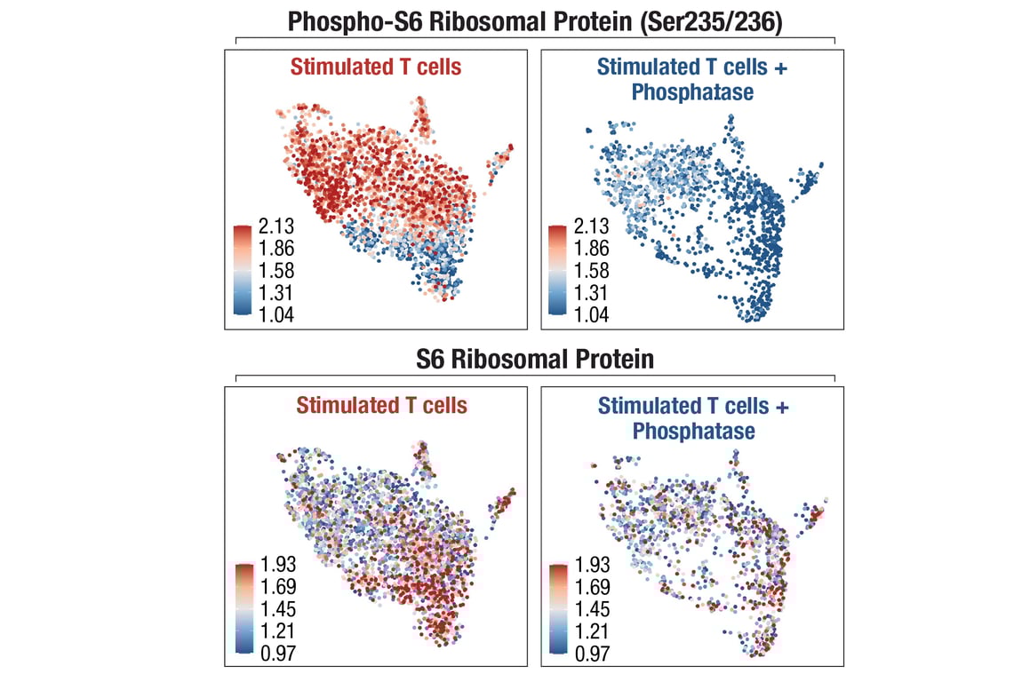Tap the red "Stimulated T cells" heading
point(377,67)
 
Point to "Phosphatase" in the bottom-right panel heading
point(693,431)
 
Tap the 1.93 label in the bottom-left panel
point(276,565)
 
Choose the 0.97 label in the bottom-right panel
point(592,654)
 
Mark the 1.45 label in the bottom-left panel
point(276,610)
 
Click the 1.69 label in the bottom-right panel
point(592,587)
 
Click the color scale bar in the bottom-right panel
point(558,609)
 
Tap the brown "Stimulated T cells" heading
point(381,406)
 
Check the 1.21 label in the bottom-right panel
point(592,632)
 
